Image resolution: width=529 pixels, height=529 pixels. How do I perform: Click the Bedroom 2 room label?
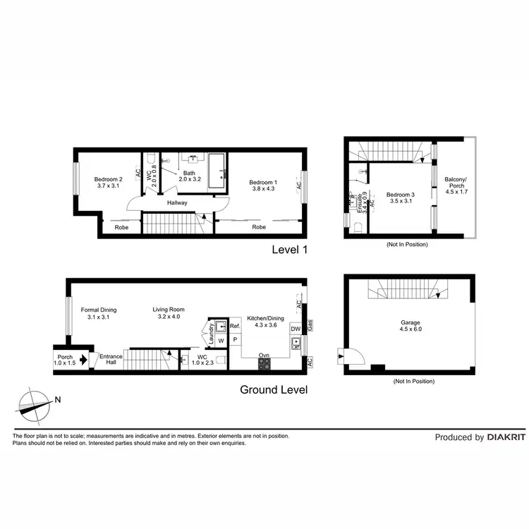coord(109,179)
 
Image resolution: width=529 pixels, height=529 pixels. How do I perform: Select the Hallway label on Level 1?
coord(177,202)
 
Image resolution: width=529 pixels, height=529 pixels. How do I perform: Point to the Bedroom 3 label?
coord(400,194)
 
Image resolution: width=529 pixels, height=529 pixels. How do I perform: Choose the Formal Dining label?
coord(99,310)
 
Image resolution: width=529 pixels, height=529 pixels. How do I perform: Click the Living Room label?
coord(168,310)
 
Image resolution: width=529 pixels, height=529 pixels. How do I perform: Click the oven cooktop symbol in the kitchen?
coord(264,364)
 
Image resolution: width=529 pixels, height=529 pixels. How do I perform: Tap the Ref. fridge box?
coord(235,327)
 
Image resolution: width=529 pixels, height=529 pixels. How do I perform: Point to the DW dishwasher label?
coord(296,329)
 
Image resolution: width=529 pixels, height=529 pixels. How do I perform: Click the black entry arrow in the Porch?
coord(83,360)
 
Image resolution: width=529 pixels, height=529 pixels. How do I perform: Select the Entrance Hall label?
coord(110,359)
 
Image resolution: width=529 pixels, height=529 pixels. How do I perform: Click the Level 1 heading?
coord(290,250)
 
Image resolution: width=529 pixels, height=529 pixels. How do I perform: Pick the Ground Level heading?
coord(274,389)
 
